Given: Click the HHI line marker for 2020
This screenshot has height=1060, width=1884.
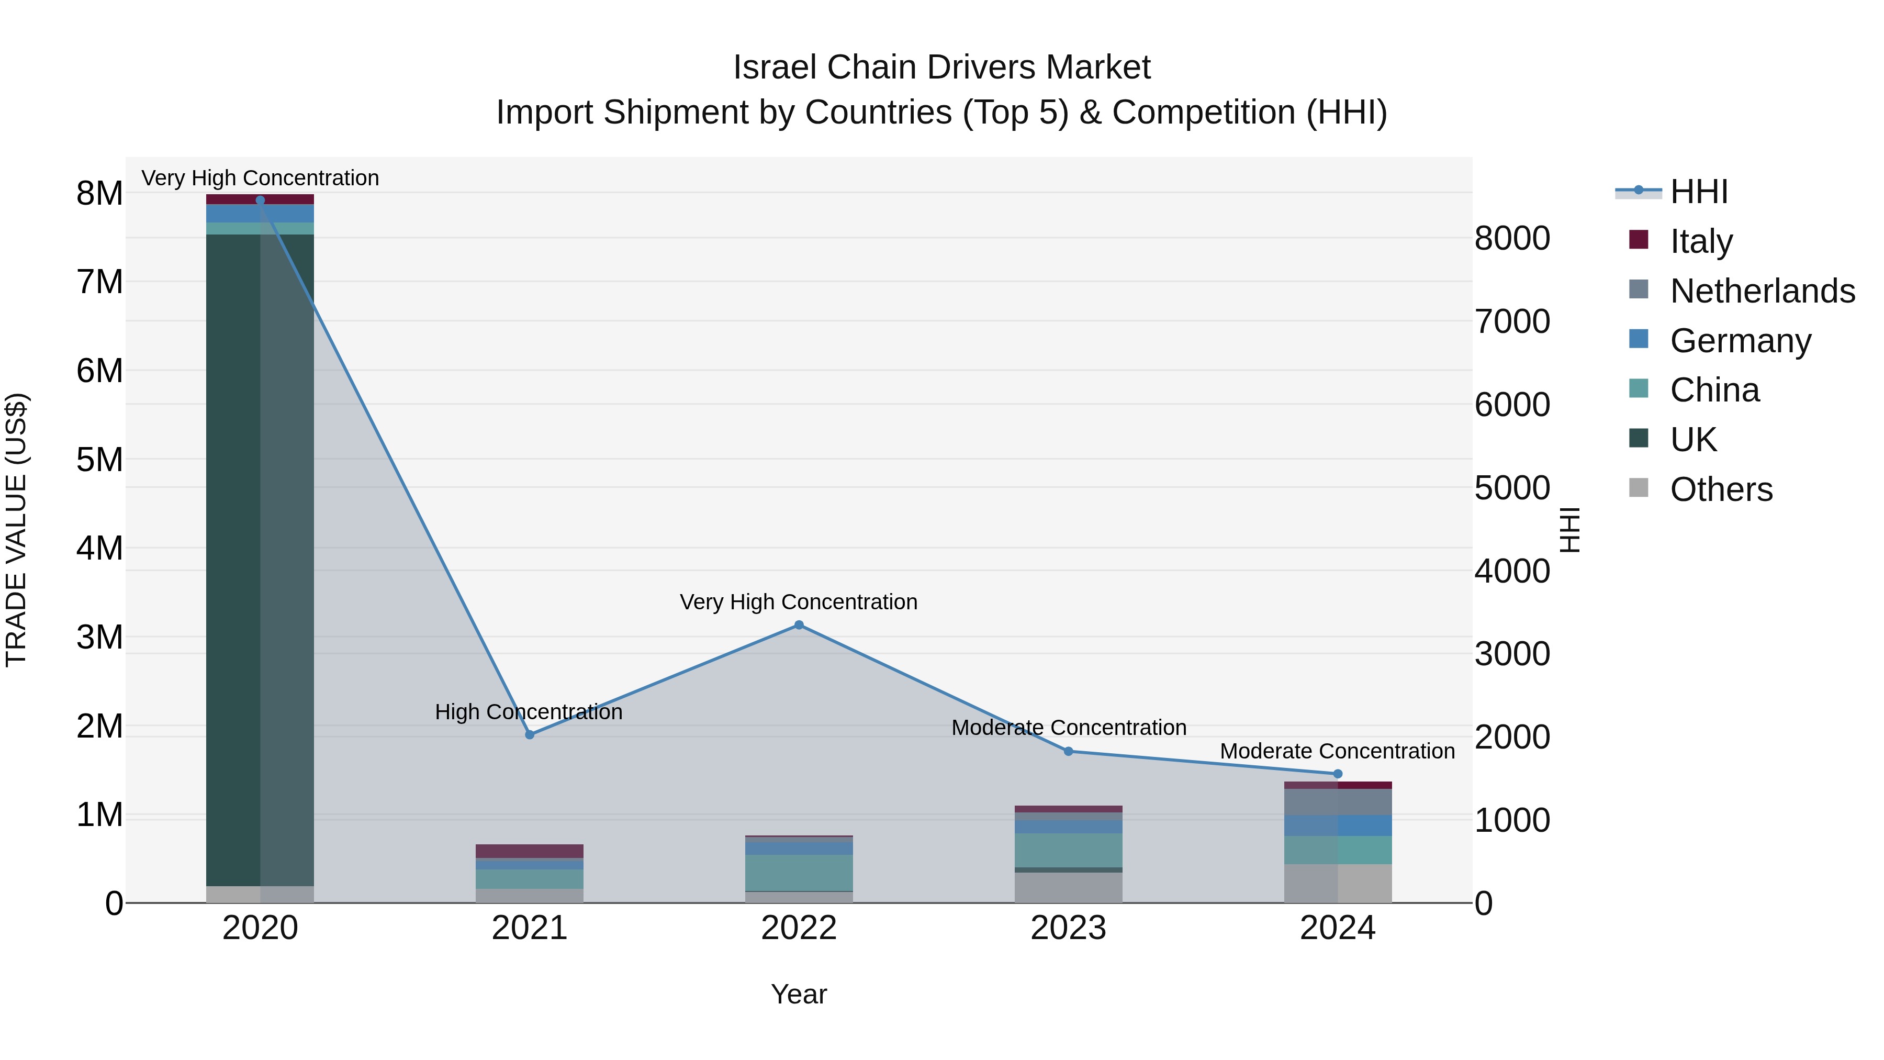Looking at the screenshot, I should point(261,200).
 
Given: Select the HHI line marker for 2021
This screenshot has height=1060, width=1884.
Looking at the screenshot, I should point(530,734).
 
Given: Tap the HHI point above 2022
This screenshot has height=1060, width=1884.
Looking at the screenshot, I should point(799,624).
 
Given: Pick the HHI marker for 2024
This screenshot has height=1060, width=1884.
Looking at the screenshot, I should point(1338,774).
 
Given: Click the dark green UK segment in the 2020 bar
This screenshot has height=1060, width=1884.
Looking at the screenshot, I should point(234,556).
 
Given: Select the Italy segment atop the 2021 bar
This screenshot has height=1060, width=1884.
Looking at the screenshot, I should point(530,851).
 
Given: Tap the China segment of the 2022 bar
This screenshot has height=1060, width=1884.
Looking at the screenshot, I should point(799,872).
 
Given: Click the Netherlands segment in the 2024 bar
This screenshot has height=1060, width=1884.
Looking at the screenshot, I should point(1338,802).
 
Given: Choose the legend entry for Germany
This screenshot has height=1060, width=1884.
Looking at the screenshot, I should point(1741,341).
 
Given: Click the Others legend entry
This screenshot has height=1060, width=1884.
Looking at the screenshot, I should point(1721,489).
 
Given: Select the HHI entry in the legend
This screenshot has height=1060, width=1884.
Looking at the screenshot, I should point(1698,192).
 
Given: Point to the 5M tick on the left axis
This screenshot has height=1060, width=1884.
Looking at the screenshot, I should point(99,460).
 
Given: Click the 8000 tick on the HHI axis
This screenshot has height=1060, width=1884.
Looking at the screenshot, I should point(1512,239).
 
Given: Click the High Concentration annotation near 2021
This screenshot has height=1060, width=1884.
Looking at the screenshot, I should point(528,712).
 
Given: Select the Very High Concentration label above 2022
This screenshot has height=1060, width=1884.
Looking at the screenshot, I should point(798,602).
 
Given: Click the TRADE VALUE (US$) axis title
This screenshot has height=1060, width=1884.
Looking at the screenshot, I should point(16,530).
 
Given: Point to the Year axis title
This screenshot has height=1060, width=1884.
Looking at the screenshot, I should point(799,994).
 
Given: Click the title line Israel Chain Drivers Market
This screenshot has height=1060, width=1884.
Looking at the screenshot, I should point(941,68).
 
